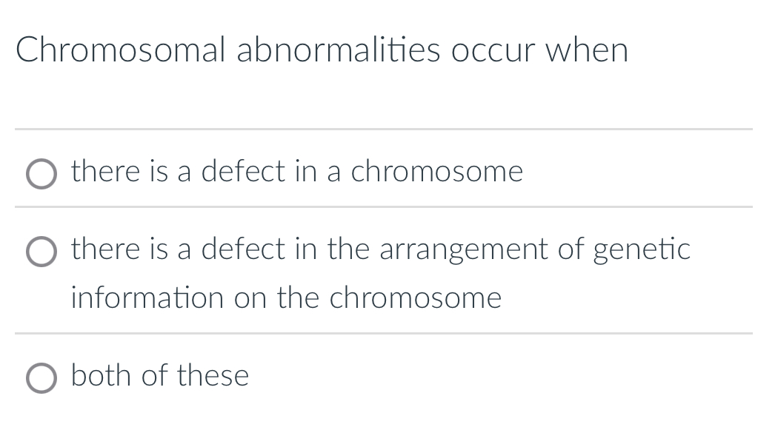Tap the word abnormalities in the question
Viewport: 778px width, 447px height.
[338, 50]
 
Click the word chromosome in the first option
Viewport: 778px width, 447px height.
[436, 172]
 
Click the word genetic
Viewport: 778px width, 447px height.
[642, 249]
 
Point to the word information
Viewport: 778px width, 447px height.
[147, 298]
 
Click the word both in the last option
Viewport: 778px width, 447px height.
[102, 375]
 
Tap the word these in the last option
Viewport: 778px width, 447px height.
[213, 375]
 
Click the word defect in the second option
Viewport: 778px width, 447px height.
[243, 249]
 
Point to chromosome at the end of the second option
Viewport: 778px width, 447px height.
[415, 298]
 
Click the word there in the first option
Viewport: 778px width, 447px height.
[106, 172]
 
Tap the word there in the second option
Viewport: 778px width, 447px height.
[106, 249]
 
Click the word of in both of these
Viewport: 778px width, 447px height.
[155, 375]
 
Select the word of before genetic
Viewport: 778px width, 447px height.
[571, 249]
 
